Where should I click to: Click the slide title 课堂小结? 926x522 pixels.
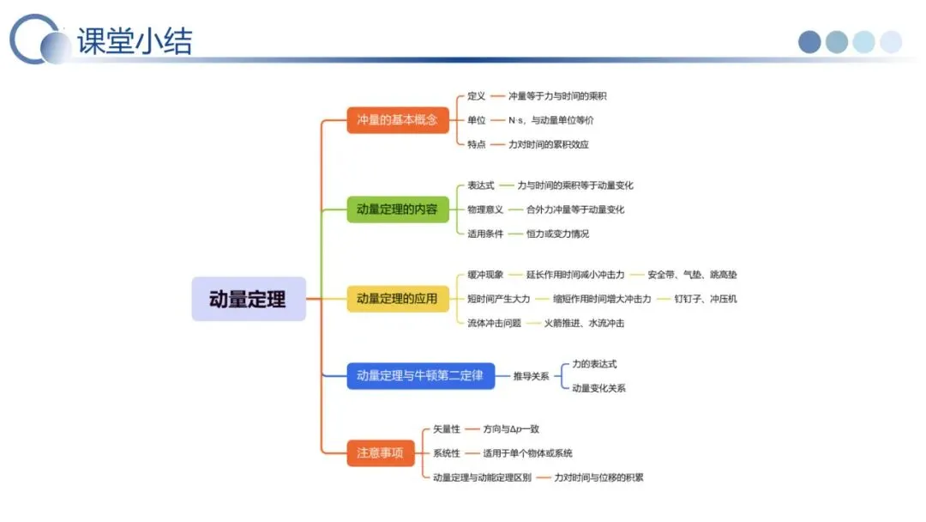[x=135, y=40]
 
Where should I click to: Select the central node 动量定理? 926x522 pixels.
[x=248, y=299]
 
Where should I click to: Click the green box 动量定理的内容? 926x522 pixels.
[x=397, y=209]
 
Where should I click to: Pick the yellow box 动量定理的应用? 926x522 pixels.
[x=397, y=299]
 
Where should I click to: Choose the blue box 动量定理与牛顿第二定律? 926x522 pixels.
[x=420, y=375]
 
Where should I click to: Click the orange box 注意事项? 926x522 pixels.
[x=380, y=452]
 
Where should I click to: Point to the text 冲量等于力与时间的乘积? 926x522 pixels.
[x=557, y=96]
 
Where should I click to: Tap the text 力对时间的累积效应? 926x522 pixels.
[x=549, y=144]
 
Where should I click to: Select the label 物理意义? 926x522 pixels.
[x=485, y=209]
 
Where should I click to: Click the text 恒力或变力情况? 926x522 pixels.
[x=557, y=234]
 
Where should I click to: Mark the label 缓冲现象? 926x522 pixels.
[x=485, y=275]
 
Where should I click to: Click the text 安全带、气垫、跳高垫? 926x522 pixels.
[x=692, y=275]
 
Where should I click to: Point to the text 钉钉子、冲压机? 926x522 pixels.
[x=705, y=299]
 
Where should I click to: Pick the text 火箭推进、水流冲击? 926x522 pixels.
[x=584, y=323]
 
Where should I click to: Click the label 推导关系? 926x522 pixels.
[x=531, y=376]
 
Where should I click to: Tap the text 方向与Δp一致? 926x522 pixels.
[x=511, y=429]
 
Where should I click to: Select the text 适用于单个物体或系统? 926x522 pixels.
[x=527, y=453]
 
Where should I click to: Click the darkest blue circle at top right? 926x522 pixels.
[x=809, y=42]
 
